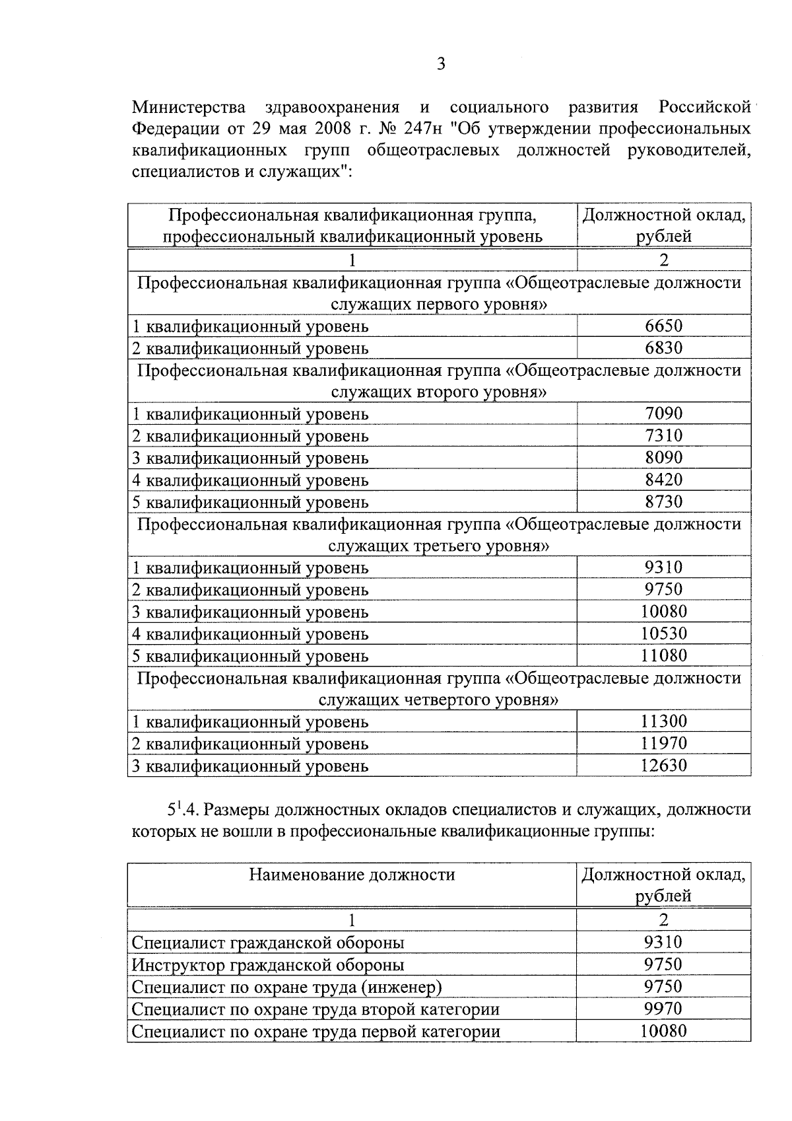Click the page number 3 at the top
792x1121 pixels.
point(441,64)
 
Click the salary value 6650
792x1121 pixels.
point(663,326)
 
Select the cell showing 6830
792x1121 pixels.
point(663,347)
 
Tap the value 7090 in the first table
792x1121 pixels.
point(663,414)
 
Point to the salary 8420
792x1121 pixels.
point(663,480)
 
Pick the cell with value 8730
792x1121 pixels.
point(663,501)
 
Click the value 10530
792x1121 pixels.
point(663,633)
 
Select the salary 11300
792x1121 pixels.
point(663,721)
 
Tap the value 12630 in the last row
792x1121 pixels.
point(663,766)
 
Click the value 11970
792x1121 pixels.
point(663,743)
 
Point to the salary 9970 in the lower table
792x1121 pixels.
point(663,1009)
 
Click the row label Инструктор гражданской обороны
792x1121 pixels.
point(268,965)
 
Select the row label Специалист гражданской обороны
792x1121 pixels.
point(268,943)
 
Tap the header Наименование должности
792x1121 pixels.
point(352,875)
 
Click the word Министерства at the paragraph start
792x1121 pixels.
point(189,107)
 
